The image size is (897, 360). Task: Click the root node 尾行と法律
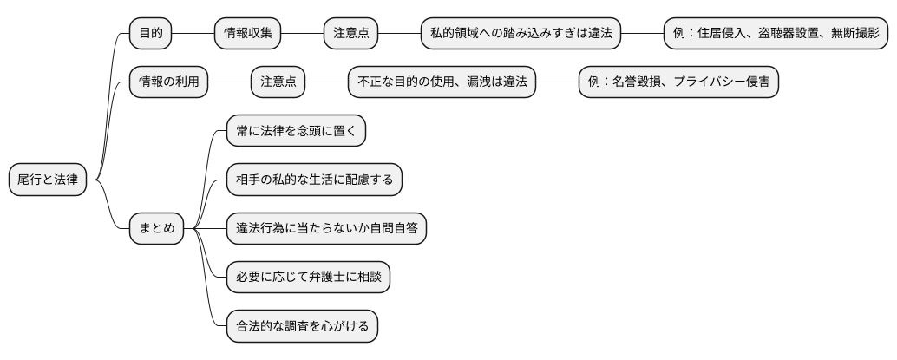(48, 180)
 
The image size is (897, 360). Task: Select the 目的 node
(150, 33)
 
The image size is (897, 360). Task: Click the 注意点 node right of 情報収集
(350, 33)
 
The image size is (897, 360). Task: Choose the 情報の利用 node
(168, 82)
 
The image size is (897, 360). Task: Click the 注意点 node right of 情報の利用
(278, 82)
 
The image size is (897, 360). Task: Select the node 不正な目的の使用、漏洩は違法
(442, 82)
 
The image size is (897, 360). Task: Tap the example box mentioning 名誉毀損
(678, 82)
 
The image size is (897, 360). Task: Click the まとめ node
(157, 229)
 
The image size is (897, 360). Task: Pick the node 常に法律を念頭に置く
(296, 131)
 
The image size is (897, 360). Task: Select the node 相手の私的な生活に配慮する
(314, 180)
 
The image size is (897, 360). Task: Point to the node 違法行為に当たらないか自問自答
(326, 229)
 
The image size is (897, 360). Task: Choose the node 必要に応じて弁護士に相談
(308, 278)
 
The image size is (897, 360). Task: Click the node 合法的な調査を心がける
(302, 327)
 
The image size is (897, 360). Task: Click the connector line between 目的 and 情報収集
(193, 33)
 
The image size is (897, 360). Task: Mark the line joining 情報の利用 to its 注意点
(230, 82)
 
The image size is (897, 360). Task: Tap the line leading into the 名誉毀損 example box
(557, 82)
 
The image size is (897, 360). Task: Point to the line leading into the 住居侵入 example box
(643, 33)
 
